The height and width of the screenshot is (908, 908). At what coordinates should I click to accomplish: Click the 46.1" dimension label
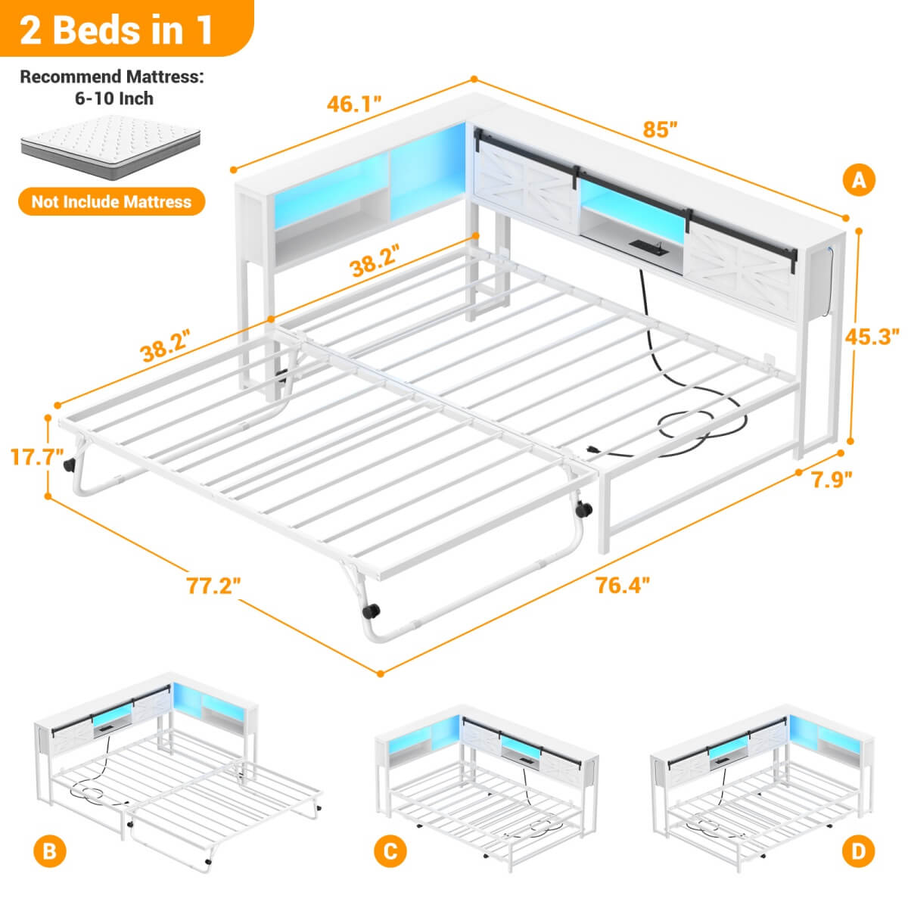click(353, 104)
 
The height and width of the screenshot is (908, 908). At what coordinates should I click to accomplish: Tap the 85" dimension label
click(657, 129)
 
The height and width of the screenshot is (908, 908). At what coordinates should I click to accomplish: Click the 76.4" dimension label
click(623, 584)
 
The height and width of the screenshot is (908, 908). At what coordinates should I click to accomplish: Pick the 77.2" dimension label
click(214, 584)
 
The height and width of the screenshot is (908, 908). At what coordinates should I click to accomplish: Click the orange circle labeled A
click(859, 180)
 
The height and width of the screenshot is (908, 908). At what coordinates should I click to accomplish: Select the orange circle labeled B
click(49, 851)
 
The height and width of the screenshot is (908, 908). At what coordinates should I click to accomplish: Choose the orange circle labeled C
click(390, 851)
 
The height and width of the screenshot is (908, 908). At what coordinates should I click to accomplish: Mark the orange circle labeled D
click(857, 851)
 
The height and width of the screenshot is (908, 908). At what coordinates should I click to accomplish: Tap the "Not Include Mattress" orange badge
click(111, 202)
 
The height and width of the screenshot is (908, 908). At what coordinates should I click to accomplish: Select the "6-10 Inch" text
click(111, 98)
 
